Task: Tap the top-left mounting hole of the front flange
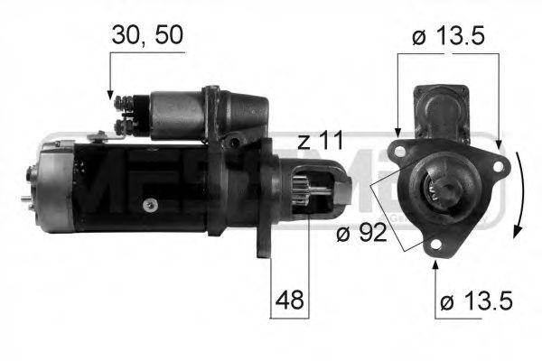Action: [397, 149]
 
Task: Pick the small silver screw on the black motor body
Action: [151, 204]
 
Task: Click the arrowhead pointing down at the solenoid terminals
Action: [110, 93]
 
